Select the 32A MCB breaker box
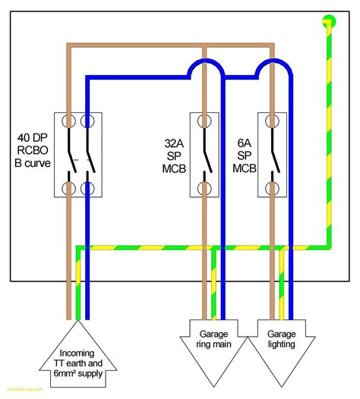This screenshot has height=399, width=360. (x=204, y=154)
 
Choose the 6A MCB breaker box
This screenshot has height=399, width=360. (x=273, y=154)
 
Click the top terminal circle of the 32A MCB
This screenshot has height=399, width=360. (x=204, y=121)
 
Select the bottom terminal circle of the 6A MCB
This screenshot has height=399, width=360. (x=273, y=187)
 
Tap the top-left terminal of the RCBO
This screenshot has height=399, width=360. (x=68, y=121)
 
